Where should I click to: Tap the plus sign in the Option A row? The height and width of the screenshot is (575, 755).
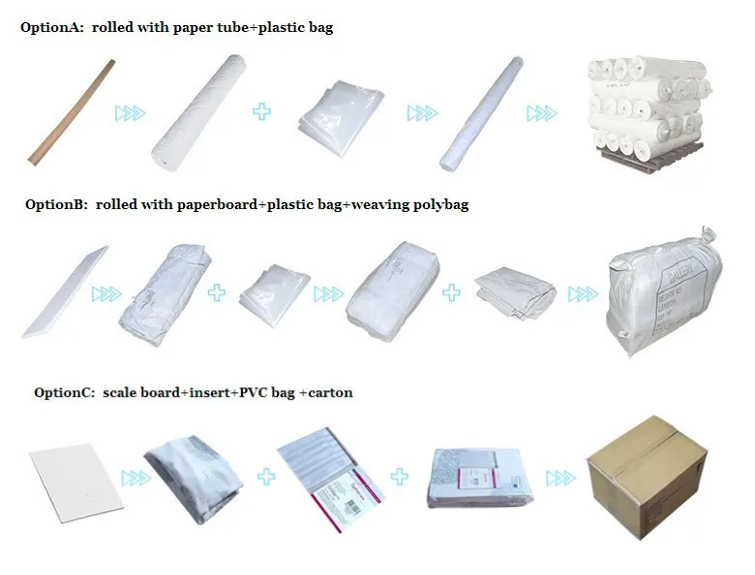(261, 112)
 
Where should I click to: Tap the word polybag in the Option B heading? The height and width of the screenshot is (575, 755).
(437, 205)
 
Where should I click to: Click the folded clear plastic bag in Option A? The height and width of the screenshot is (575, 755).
(336, 113)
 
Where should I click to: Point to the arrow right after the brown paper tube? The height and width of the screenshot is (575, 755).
(130, 113)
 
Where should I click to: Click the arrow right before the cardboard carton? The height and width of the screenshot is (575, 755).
(560, 477)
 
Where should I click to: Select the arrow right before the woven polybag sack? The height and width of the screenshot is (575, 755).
(582, 292)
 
